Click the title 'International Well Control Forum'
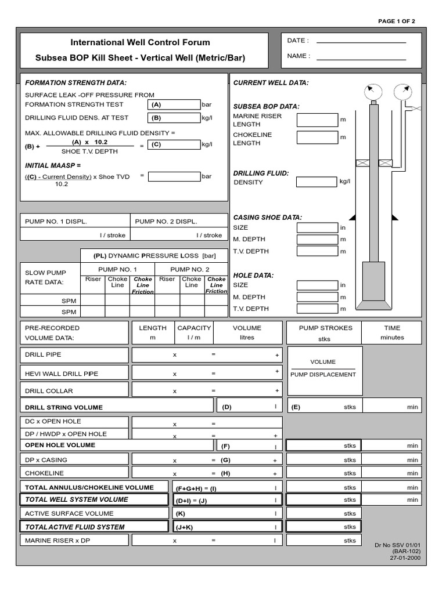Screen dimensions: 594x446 [x=140, y=42]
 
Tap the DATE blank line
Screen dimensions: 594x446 [x=361, y=41]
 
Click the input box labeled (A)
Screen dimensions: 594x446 [x=174, y=105]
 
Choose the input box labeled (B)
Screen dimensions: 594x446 [x=174, y=118]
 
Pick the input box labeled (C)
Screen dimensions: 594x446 [x=174, y=144]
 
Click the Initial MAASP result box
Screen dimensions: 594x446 [x=174, y=176]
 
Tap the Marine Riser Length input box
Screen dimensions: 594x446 [x=316, y=120]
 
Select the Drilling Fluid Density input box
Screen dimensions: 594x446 [x=316, y=182]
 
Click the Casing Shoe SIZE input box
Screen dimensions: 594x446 [x=316, y=228]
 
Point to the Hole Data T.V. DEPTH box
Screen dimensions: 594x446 [x=316, y=309]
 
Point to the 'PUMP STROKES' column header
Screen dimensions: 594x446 [x=325, y=328]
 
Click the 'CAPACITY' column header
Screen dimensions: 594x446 [x=194, y=328]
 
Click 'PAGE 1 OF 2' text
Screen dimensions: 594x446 [x=397, y=21]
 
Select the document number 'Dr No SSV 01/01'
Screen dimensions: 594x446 [x=398, y=545]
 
